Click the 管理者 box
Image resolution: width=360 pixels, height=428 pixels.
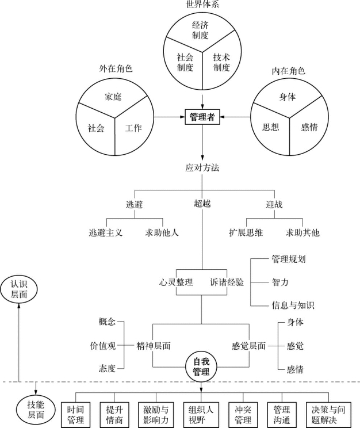pyautogui.click(x=202, y=117)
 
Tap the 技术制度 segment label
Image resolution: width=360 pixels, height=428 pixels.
pyautogui.click(x=221, y=62)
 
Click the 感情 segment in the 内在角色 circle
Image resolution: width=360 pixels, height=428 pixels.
pyautogui.click(x=309, y=127)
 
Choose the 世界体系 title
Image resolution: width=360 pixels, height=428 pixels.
pyautogui.click(x=202, y=5)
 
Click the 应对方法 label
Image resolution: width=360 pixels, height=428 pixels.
pyautogui.click(x=202, y=169)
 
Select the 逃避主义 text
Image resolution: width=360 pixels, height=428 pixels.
pyautogui.click(x=106, y=234)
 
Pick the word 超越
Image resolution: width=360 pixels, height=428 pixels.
pyautogui.click(x=202, y=204)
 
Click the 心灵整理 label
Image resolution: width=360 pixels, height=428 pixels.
pyautogui.click(x=176, y=282)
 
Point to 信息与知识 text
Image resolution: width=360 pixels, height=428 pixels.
pyautogui.click(x=293, y=305)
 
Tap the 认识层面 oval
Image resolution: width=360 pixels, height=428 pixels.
pyautogui.click(x=21, y=288)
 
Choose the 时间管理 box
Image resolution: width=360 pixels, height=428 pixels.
pyautogui.click(x=75, y=415)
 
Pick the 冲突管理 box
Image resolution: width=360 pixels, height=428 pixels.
pyautogui.click(x=243, y=415)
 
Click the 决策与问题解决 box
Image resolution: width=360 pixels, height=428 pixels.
pyautogui.click(x=328, y=415)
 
